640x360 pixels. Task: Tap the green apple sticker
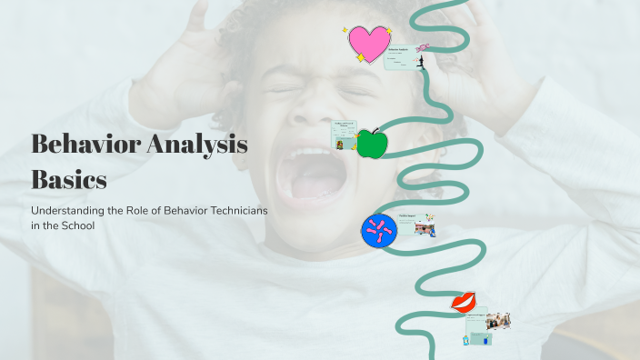click(371, 144)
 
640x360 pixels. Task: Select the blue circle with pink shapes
click(378, 231)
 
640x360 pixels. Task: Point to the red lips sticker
click(464, 303)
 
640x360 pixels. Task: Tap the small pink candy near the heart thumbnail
click(424, 47)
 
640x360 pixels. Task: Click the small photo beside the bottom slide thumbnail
click(498, 321)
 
